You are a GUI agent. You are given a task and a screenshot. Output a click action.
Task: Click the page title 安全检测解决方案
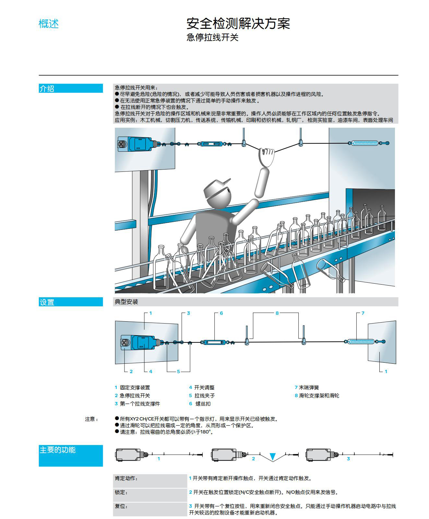click(x=238, y=23)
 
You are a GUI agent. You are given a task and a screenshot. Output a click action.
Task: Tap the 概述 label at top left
click(x=49, y=24)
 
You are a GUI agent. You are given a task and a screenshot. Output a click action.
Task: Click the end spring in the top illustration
click(x=365, y=143)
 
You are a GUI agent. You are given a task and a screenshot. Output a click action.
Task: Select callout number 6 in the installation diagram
click(x=221, y=313)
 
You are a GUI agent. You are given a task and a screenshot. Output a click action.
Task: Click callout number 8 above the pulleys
click(x=277, y=313)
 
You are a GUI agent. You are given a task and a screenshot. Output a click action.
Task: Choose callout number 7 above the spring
click(x=363, y=313)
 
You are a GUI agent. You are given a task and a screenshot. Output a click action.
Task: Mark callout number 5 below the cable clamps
click(x=178, y=372)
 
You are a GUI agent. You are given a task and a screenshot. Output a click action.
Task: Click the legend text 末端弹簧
click(x=309, y=387)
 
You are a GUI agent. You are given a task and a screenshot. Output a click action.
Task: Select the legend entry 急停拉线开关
click(x=135, y=395)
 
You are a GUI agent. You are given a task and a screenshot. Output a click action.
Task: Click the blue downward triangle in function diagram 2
click(x=272, y=456)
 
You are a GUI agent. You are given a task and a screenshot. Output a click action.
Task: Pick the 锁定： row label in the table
click(x=121, y=492)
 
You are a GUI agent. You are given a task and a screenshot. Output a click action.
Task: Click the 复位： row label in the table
click(x=121, y=506)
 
